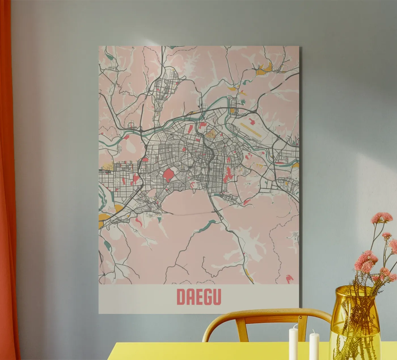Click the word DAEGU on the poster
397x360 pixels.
pos(198,297)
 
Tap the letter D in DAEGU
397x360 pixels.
pos(181,297)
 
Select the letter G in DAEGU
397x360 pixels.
pos(208,297)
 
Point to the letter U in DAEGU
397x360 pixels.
pos(217,297)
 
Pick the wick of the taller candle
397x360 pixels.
pos(294,327)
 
